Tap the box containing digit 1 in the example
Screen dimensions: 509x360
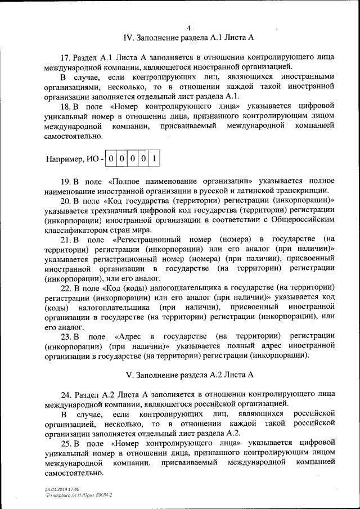click(x=154, y=159)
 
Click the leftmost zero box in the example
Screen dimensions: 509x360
click(x=111, y=159)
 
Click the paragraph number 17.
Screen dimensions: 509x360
click(x=64, y=58)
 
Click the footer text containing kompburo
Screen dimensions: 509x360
click(x=79, y=495)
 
